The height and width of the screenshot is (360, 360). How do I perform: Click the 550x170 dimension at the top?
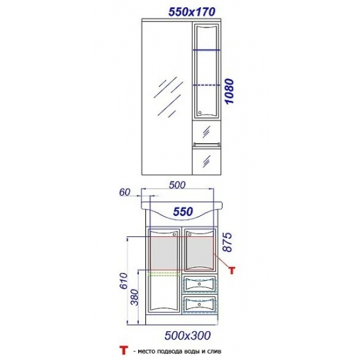(192, 12)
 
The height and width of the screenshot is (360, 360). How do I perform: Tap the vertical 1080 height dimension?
(229, 91)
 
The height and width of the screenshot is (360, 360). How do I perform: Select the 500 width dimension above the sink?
(177, 185)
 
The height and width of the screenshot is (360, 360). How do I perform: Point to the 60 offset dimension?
(124, 192)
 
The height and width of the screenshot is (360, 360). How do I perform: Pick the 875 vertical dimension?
(228, 242)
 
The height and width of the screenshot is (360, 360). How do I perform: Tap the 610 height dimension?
(124, 281)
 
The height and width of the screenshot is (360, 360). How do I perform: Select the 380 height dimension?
(135, 298)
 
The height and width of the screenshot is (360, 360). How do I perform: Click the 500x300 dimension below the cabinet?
(188, 336)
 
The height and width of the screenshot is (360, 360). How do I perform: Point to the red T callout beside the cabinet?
(232, 270)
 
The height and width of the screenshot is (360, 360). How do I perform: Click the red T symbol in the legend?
(124, 351)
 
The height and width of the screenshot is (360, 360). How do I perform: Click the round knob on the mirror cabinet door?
(200, 113)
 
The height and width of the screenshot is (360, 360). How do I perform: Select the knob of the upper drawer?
(199, 284)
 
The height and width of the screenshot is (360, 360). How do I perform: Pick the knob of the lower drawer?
(199, 304)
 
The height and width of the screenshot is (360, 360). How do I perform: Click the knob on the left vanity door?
(174, 234)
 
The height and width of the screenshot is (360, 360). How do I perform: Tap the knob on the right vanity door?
(190, 234)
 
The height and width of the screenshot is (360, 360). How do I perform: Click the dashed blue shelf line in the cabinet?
(207, 85)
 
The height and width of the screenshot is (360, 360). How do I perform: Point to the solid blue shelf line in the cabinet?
(207, 50)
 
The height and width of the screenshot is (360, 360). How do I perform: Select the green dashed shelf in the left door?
(164, 273)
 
